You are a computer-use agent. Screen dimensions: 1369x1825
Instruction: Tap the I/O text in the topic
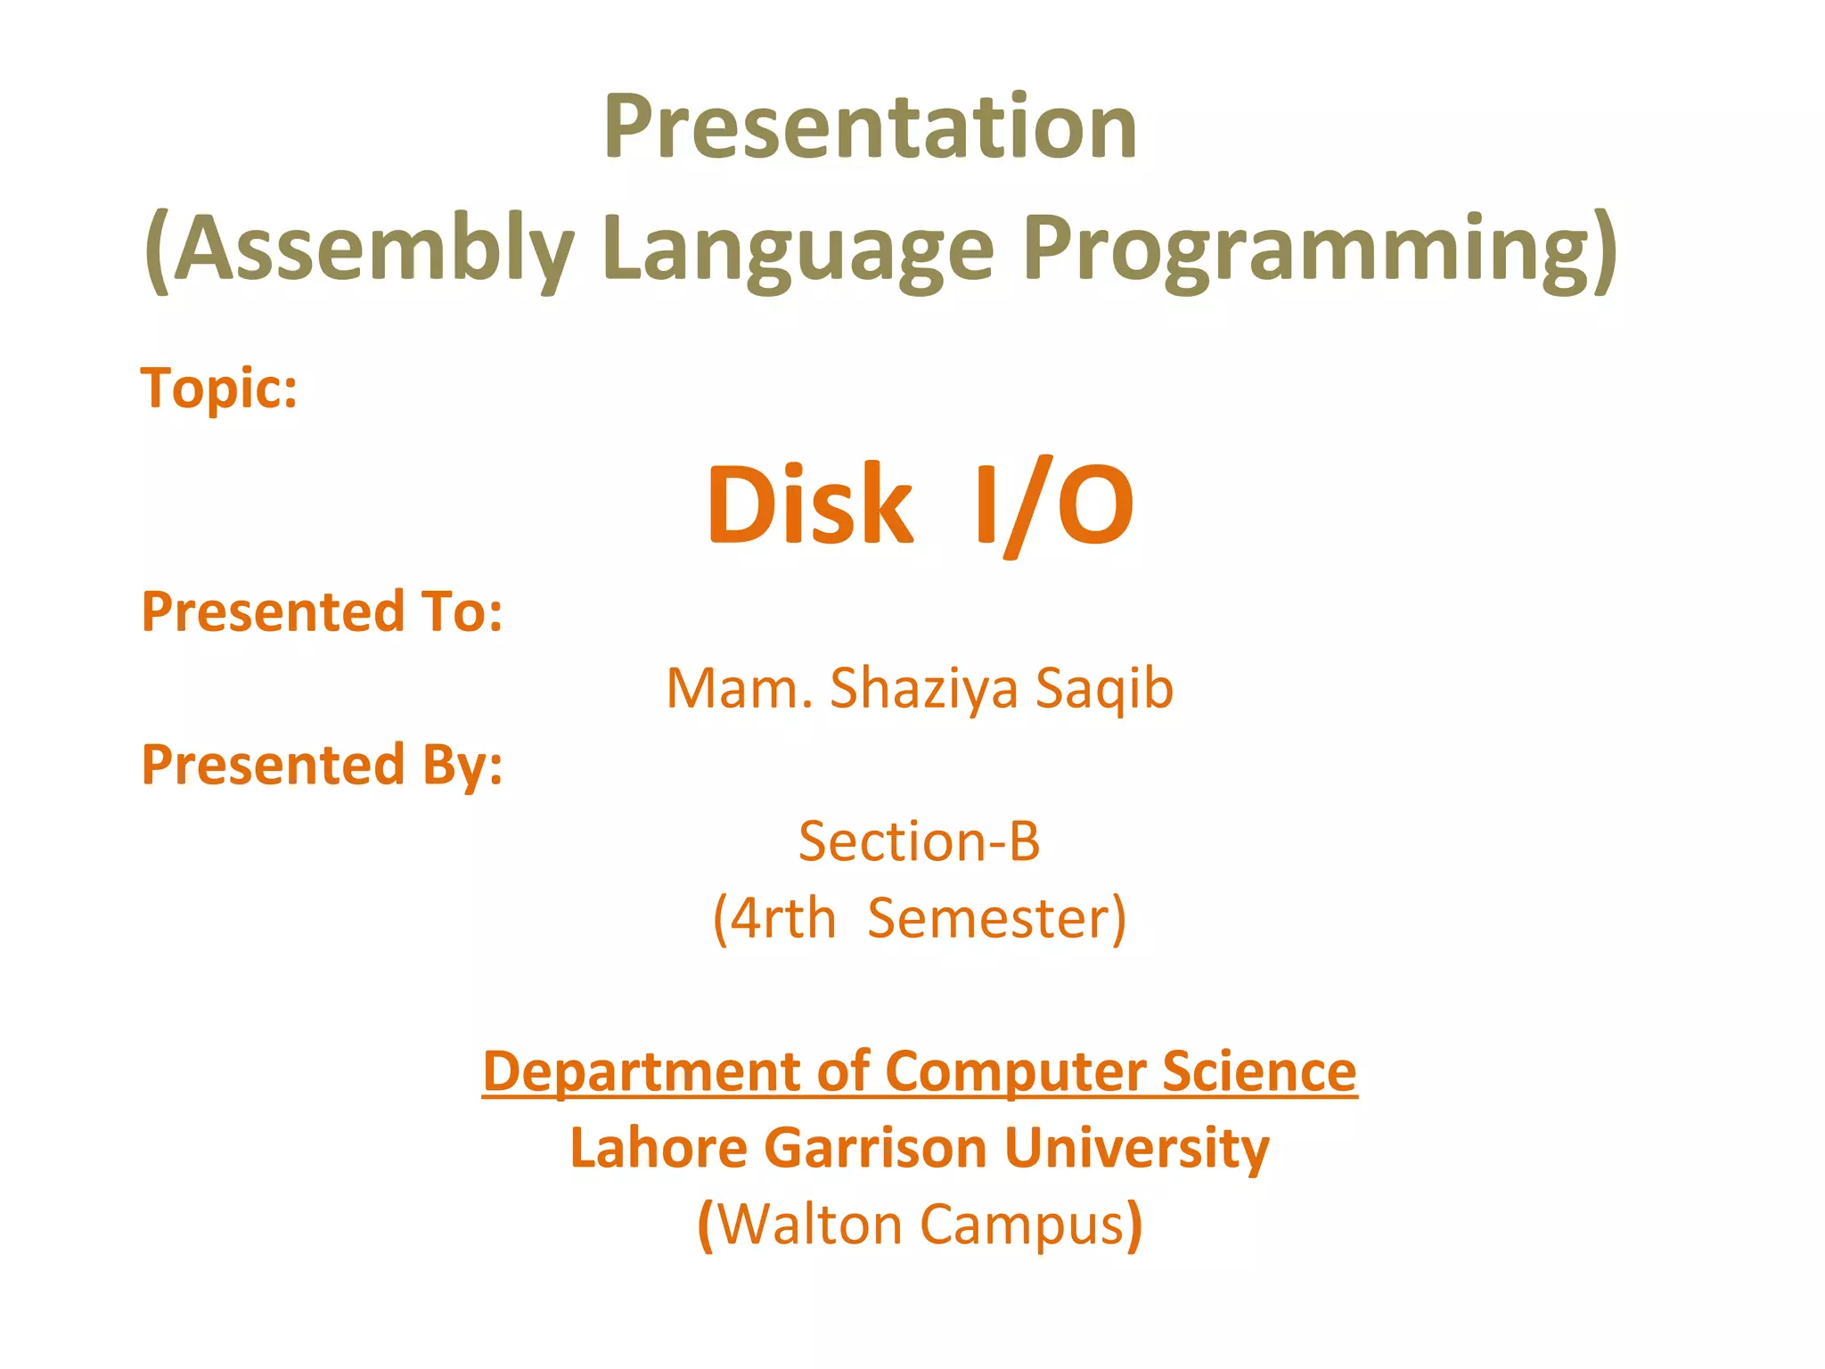(1053, 505)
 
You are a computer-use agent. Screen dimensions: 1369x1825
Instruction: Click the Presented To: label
(322, 612)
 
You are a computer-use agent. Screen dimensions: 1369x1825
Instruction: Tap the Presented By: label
(322, 766)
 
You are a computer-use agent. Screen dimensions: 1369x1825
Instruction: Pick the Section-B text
(919, 841)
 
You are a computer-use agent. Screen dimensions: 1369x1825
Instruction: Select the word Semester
(989, 918)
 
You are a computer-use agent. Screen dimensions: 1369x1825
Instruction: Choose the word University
(1136, 1147)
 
